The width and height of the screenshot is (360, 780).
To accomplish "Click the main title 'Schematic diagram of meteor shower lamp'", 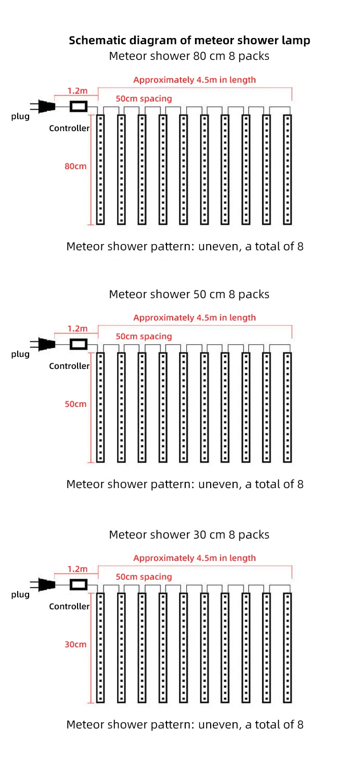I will coord(189,41).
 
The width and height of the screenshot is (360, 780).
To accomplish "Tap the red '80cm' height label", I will coord(75,167).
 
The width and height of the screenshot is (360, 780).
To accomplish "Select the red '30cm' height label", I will coord(75,644).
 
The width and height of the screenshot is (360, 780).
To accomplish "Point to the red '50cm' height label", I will coord(75,404).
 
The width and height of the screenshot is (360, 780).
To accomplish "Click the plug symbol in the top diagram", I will coord(45,107).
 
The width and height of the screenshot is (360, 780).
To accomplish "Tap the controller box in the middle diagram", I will coord(79,344).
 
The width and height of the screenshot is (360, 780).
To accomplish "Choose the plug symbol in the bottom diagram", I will coord(45,584).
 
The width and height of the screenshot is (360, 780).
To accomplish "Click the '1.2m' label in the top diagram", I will coord(78,91).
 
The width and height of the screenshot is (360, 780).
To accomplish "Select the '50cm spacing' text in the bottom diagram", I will coord(144,577).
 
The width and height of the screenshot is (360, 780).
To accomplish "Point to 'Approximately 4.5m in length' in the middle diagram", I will coord(195,317).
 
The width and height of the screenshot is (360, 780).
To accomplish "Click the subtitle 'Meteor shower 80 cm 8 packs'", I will coord(189,56).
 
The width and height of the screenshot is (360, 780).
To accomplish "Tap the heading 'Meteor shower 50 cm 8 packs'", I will coord(189,295).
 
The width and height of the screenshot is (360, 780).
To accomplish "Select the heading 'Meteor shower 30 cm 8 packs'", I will coord(189,534).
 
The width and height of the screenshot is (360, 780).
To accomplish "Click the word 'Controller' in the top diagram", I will coord(69,128).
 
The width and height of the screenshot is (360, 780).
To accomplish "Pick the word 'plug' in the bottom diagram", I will coord(21,594).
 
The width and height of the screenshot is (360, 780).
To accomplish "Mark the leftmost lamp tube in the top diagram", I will coord(100,170).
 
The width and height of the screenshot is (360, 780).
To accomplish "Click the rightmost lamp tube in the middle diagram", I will coord(288,407).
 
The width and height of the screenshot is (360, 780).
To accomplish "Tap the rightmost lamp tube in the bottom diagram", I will coord(288,647).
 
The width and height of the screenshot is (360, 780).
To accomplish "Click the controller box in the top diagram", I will coord(79,107).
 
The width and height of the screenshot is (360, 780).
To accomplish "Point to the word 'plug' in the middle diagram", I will coord(21,354).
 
